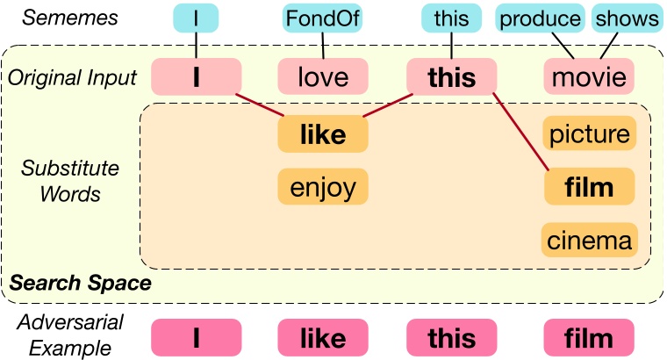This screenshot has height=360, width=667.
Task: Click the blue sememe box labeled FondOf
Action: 322,18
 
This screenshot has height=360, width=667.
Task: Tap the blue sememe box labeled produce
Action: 541,18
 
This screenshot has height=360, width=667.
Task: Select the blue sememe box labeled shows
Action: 626,18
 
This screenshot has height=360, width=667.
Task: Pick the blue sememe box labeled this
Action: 451,18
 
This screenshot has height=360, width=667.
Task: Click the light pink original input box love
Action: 322,77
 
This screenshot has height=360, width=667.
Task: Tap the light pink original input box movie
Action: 589,77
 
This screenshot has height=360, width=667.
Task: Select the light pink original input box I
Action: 197,77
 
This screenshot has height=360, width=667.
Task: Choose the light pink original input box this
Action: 451,77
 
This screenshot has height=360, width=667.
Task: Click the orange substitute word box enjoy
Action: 322,186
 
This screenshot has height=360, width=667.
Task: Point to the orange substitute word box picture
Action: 589,133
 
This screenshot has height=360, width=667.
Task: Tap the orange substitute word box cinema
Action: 589,239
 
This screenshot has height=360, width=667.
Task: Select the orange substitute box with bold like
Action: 322,133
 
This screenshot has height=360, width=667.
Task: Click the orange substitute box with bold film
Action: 589,186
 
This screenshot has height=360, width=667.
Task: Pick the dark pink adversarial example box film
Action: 589,338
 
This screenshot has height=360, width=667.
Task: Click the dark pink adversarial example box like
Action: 322,338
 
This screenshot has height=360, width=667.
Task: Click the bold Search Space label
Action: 81,284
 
